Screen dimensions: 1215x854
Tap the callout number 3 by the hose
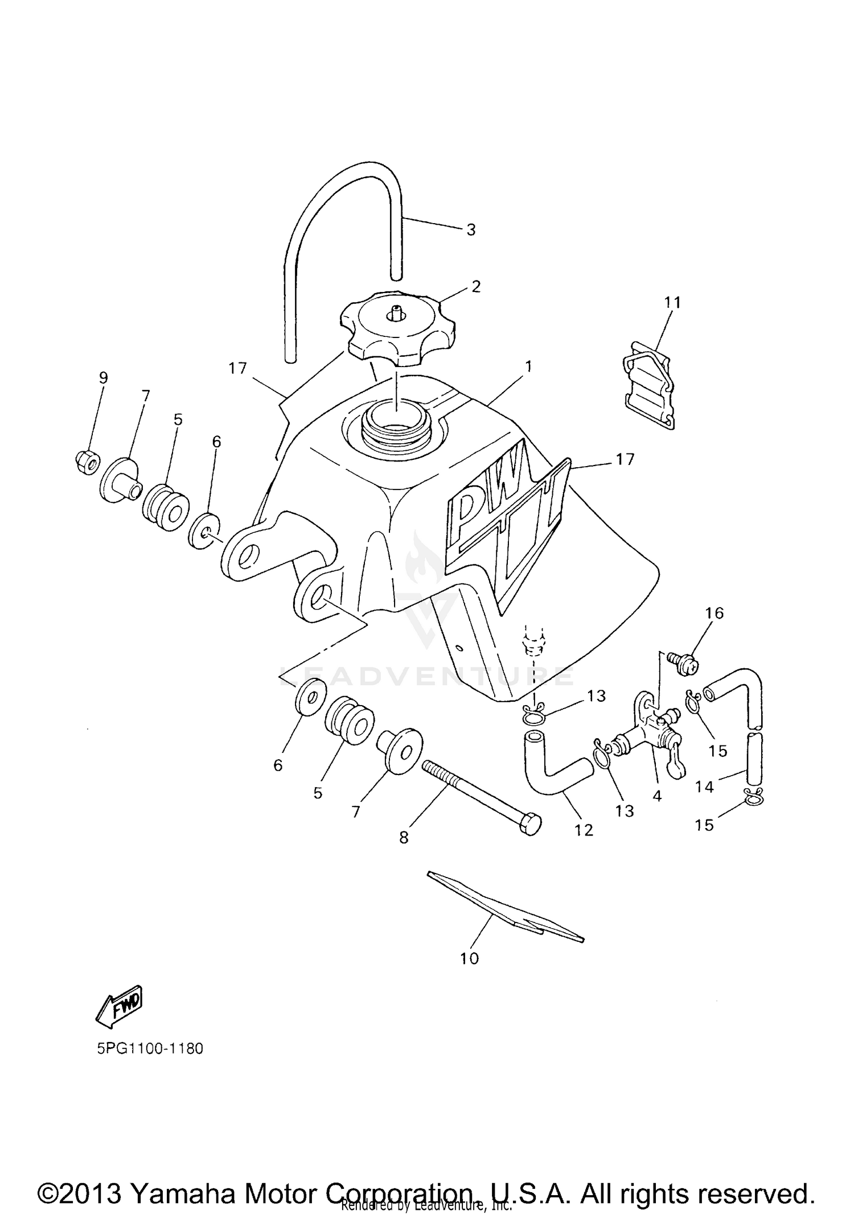471,230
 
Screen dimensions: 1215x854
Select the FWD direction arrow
119,1006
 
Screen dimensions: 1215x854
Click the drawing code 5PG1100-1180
150,1048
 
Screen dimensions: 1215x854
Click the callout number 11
672,302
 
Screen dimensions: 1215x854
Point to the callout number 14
704,786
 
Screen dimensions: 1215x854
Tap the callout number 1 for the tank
528,366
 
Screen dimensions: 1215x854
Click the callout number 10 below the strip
470,958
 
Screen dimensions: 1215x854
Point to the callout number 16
715,613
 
